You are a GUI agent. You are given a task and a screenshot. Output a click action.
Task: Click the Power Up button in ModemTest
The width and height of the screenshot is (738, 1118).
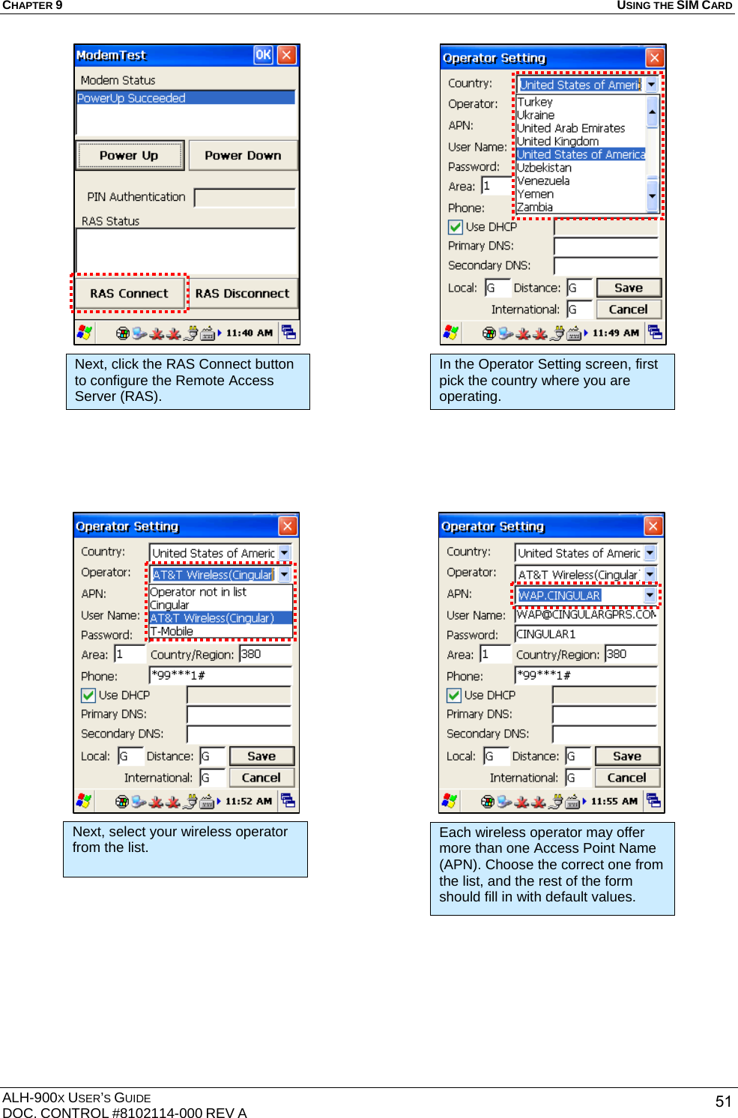click(x=130, y=155)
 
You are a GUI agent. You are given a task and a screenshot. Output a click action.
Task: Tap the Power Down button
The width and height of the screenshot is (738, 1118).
click(x=243, y=155)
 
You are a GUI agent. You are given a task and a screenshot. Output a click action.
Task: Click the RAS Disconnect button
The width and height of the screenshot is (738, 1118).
click(x=242, y=293)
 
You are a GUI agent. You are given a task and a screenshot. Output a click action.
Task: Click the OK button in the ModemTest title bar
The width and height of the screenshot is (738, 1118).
click(x=263, y=55)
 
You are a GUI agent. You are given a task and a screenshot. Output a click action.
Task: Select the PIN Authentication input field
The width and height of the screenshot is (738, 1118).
click(x=244, y=197)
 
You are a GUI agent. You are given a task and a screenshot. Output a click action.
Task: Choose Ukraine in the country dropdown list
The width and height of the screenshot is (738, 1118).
click(x=536, y=115)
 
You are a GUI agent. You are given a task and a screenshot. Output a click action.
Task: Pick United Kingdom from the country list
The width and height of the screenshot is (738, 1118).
click(x=557, y=142)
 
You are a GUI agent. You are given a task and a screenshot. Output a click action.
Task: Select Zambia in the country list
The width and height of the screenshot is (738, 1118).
click(x=535, y=208)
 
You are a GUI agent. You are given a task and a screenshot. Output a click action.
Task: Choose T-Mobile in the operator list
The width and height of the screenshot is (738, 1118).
click(x=172, y=632)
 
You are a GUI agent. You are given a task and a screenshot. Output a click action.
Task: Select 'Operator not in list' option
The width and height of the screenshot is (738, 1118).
click(x=198, y=592)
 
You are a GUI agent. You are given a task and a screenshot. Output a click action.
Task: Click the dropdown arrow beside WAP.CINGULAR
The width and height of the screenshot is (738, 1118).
click(x=650, y=595)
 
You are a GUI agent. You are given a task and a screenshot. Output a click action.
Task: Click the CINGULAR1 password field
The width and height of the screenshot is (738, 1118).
click(x=585, y=634)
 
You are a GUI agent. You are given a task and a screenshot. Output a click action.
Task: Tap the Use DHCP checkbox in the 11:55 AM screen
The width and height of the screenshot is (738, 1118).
click(x=454, y=695)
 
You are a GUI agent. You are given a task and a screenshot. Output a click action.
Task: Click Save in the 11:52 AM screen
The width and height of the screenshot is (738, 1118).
click(x=261, y=756)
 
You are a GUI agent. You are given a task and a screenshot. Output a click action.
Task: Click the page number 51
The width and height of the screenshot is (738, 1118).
click(x=723, y=1101)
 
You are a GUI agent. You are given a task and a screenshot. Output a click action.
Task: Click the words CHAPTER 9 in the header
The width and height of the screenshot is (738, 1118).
click(x=32, y=5)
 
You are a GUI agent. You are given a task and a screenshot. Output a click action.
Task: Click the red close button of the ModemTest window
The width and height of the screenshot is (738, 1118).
click(x=286, y=55)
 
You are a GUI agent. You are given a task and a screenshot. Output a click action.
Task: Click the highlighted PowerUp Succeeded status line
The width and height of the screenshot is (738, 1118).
click(x=185, y=98)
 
